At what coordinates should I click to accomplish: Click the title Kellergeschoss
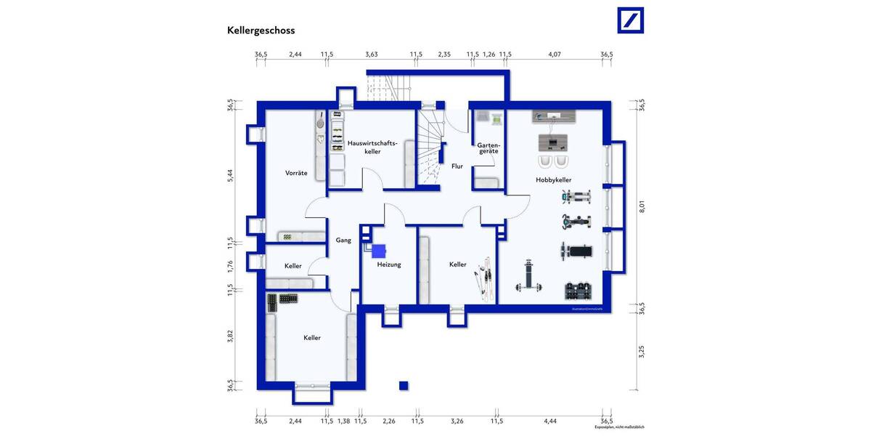click(x=261, y=31)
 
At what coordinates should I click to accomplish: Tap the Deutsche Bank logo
click(x=630, y=20)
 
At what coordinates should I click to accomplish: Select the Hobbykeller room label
click(x=554, y=179)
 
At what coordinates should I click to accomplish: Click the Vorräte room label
click(x=296, y=173)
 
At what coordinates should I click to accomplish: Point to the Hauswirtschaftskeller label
click(x=372, y=147)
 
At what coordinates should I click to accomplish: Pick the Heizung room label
click(x=389, y=265)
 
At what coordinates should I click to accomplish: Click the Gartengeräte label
click(x=487, y=149)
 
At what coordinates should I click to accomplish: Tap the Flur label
click(x=457, y=166)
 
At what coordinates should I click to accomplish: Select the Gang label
click(x=343, y=241)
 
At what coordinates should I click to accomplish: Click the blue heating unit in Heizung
click(x=378, y=251)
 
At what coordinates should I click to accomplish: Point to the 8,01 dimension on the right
click(x=641, y=206)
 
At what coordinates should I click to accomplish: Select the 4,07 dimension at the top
click(x=555, y=54)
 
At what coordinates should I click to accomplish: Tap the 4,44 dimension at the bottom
click(x=549, y=421)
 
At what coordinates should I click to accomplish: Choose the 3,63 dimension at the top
click(x=371, y=54)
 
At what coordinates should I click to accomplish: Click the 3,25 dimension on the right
click(x=641, y=352)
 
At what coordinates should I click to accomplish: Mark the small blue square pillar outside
click(x=404, y=385)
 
